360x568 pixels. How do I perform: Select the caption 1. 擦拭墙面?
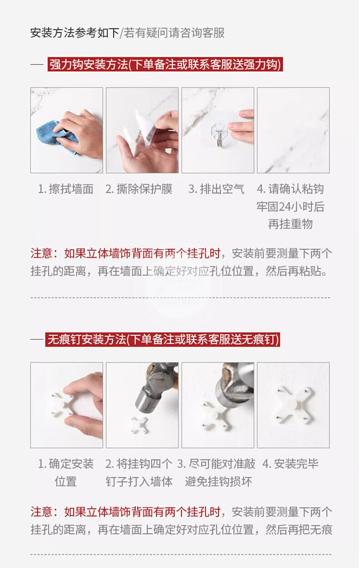(66, 189)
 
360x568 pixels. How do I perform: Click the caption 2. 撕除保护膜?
(139, 189)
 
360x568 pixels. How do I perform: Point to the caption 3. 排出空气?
(216, 189)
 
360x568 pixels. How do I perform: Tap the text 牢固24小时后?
(290, 207)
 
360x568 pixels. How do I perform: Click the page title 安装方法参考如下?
(75, 33)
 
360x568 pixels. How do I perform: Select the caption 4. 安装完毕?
(290, 464)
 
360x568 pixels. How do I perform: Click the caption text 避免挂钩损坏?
(219, 481)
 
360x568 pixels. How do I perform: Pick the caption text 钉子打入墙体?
(139, 481)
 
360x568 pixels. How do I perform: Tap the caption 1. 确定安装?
(66, 464)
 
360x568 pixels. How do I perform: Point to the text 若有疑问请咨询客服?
(174, 33)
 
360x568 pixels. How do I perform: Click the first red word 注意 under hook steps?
(41, 254)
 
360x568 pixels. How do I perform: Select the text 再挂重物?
(290, 224)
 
